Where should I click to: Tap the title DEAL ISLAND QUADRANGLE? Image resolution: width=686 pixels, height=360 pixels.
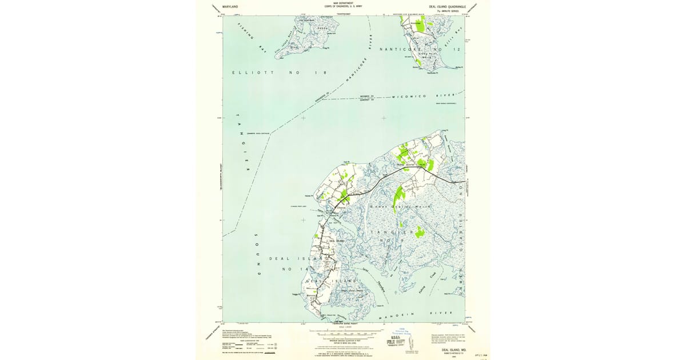[448, 6]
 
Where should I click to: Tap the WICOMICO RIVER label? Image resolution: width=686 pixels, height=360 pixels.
[423, 96]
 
